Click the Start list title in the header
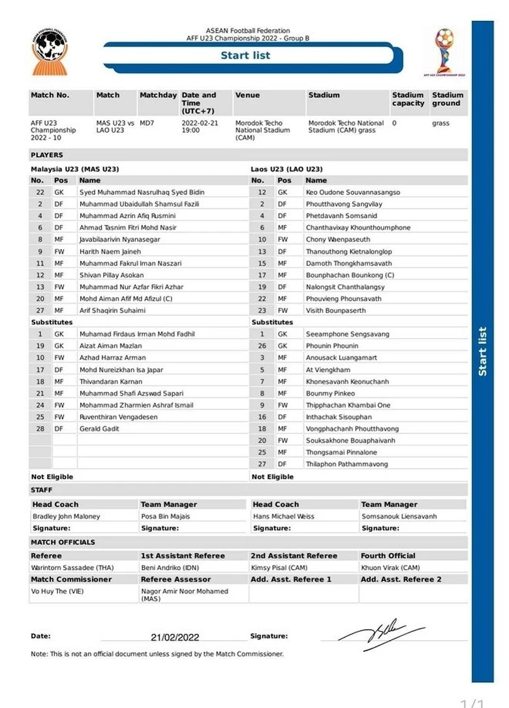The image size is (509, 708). (x=245, y=55)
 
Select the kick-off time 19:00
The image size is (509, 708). (x=191, y=130)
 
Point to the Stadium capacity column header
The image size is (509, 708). (x=408, y=99)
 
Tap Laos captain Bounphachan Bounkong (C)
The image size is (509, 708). (x=350, y=275)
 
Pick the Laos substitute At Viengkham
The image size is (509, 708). (x=328, y=370)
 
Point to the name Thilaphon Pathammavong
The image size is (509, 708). (x=347, y=464)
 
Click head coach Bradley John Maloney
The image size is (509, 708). (x=67, y=516)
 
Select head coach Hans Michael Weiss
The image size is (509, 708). (x=283, y=516)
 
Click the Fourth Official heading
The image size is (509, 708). (x=388, y=555)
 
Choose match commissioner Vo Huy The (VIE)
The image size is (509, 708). (x=57, y=591)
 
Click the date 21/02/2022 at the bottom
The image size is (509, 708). (x=175, y=637)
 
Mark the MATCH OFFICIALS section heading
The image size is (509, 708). (x=63, y=542)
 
